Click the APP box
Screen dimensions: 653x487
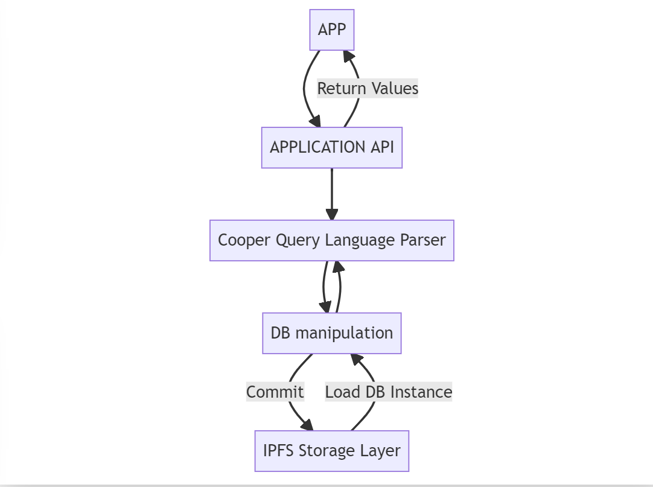point(332,30)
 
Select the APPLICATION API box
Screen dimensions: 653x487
point(332,147)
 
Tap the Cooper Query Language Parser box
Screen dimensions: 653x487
point(332,240)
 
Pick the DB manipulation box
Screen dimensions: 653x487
point(332,333)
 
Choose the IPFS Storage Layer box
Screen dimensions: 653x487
point(332,451)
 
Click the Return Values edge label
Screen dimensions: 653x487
point(368,88)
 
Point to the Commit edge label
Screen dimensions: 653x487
point(275,392)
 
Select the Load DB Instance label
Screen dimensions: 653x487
point(389,392)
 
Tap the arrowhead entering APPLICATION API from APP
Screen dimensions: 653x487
point(315,121)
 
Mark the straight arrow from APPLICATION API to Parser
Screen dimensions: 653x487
point(332,194)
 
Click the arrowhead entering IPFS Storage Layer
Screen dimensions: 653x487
point(307,424)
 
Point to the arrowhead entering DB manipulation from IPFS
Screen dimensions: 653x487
point(357,360)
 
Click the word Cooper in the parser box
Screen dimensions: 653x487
point(244,240)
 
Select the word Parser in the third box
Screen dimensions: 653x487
point(423,240)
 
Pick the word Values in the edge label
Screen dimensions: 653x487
point(395,88)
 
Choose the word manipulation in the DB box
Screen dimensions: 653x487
point(344,333)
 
